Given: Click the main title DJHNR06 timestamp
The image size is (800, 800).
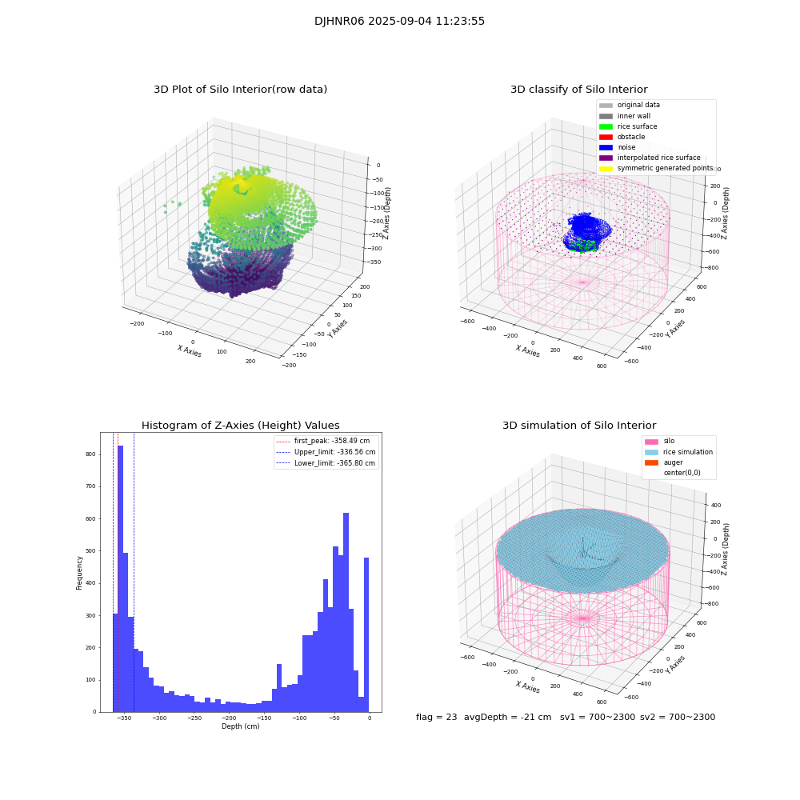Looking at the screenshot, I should click(x=399, y=22).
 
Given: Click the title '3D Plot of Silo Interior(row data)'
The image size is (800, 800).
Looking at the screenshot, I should click(x=240, y=90).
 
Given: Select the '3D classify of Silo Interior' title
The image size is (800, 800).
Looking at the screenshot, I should click(x=578, y=90).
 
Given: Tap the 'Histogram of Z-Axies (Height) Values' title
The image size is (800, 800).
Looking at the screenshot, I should click(x=240, y=426).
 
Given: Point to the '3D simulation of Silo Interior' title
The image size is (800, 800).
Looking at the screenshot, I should click(x=578, y=426).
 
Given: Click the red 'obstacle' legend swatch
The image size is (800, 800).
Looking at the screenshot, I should click(x=606, y=137).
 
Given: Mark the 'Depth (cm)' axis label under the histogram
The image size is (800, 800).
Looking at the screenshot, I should click(x=240, y=726).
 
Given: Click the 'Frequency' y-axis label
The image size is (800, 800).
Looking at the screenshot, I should click(x=79, y=572).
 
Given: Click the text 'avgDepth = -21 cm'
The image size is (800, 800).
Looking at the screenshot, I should click(x=507, y=718).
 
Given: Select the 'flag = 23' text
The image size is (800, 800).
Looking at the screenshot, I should click(x=436, y=718).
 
